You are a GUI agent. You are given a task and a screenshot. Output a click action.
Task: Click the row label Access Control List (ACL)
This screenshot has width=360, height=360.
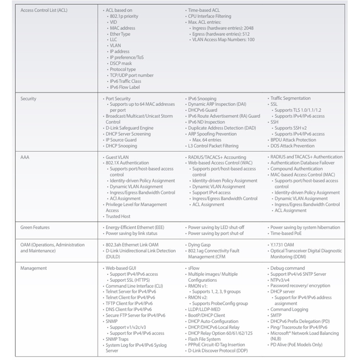44,10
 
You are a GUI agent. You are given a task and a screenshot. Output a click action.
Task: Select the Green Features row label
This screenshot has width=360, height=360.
35,228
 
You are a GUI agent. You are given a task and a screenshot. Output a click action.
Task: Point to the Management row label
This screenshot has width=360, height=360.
33,268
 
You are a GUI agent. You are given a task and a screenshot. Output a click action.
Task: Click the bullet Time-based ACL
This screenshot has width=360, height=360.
204,10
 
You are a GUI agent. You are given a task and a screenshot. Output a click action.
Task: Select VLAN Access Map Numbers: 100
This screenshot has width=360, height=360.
224,40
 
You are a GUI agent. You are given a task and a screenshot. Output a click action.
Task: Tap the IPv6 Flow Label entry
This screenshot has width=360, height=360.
125,87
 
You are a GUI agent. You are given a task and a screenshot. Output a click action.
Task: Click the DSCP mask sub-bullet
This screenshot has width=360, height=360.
121,63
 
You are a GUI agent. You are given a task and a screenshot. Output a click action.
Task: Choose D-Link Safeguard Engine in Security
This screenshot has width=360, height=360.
129,128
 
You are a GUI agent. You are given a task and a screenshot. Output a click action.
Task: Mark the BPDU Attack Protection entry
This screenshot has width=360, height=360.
293,140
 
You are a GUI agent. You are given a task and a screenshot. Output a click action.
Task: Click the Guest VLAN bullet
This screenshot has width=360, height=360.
117,157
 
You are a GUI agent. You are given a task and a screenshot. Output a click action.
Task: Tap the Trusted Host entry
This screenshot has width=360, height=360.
118,216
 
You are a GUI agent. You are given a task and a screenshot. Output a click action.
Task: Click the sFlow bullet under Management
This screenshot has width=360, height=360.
194,268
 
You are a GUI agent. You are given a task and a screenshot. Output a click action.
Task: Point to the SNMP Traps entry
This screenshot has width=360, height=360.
117,339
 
